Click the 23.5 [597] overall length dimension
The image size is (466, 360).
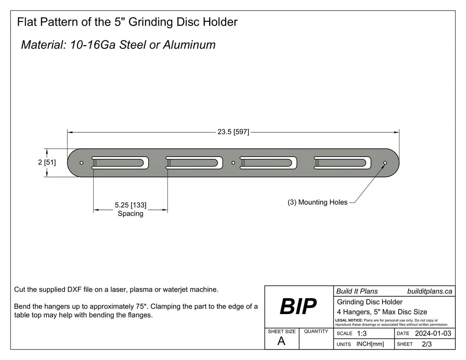pyautogui.click(x=233, y=132)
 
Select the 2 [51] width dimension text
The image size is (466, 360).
pyautogui.click(x=47, y=162)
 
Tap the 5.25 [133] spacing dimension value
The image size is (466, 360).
pyautogui.click(x=131, y=205)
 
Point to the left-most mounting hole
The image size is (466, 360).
pyautogui.click(x=81, y=162)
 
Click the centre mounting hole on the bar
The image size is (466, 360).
pyautogui.click(x=233, y=162)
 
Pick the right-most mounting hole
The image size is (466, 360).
pyautogui.click(x=385, y=162)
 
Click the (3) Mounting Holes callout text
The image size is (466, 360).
pyautogui.click(x=317, y=203)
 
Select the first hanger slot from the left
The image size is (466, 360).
pyautogui.click(x=120, y=162)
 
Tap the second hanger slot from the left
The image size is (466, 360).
pyautogui.click(x=194, y=162)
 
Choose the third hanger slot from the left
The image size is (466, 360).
pyautogui.click(x=268, y=162)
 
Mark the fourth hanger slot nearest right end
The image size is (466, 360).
pyautogui.click(x=343, y=162)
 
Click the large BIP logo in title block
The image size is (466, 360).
pyautogui.click(x=298, y=307)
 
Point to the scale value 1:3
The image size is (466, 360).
pyautogui.click(x=362, y=334)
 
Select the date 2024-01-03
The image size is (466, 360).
pyautogui.click(x=433, y=334)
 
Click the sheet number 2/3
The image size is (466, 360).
pyautogui.click(x=427, y=344)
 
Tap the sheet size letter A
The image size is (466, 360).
pyautogui.click(x=281, y=341)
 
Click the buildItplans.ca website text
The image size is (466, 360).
pyautogui.click(x=429, y=291)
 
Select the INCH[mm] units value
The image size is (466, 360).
pyautogui.click(x=370, y=344)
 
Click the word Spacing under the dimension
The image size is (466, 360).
pyautogui.click(x=131, y=213)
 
